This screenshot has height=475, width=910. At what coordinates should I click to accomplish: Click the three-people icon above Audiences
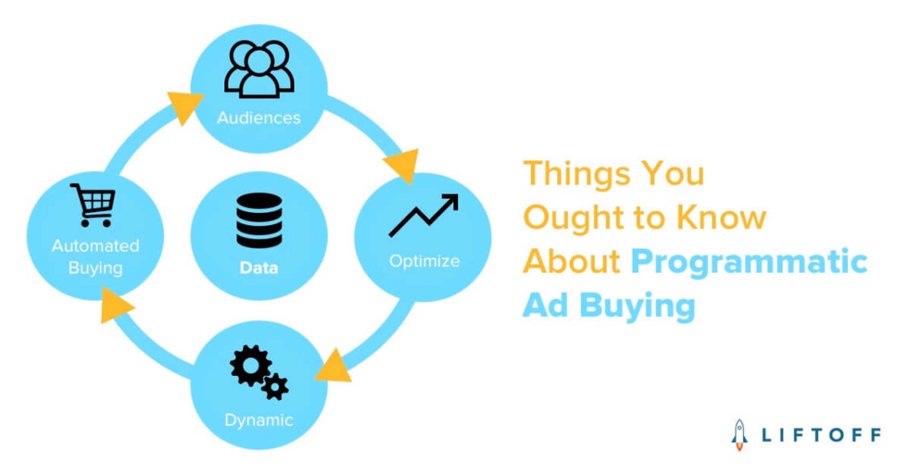(x=258, y=69)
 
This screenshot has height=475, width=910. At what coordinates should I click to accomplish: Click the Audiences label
(x=258, y=118)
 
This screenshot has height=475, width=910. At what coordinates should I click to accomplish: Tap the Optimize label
(x=424, y=261)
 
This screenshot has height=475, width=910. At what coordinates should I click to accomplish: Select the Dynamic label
(x=259, y=420)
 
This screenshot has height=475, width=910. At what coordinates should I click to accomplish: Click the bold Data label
(x=259, y=268)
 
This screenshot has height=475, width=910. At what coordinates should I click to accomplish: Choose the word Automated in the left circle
(x=95, y=246)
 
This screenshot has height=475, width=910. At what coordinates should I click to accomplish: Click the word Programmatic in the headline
(x=749, y=261)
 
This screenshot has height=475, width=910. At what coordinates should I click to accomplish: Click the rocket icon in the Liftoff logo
(x=738, y=432)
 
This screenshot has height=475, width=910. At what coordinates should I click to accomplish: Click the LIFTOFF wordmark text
(x=821, y=434)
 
